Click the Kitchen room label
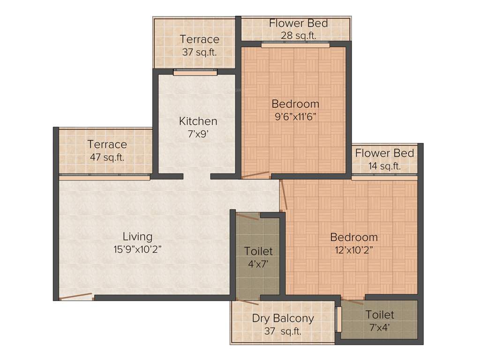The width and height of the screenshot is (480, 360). (198, 121)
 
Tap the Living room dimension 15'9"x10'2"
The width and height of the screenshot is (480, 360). (137, 249)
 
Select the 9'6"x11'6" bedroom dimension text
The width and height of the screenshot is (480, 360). (296, 116)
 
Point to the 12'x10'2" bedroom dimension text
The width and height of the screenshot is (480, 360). (354, 249)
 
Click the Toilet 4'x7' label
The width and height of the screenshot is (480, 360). (258, 252)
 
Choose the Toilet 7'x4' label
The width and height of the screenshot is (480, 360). (380, 315)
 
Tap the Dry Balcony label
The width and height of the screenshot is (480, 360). (283, 318)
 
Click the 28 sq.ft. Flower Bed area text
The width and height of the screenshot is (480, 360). (298, 35)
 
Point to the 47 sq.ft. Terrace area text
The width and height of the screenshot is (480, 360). (107, 157)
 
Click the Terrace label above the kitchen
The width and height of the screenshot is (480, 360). (199, 39)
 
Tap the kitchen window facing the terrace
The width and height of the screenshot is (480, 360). (195, 72)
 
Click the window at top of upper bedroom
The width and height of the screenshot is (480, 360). (295, 45)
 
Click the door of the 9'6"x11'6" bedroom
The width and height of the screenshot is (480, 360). (256, 175)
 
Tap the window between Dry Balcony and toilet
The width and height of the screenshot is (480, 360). (338, 320)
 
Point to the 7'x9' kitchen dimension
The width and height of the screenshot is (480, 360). (198, 133)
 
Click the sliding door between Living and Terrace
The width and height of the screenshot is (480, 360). (104, 177)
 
